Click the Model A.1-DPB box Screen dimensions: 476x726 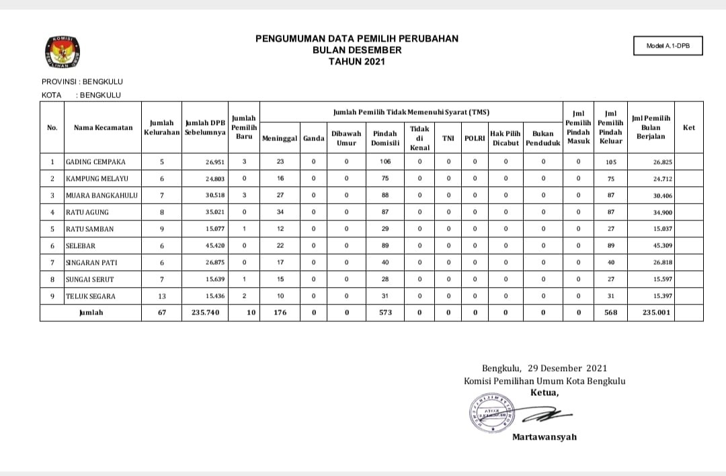pyautogui.click(x=668, y=46)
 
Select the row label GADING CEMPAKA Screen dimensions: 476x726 pyautogui.click(x=95, y=162)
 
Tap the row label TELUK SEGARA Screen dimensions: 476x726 pyautogui.click(x=91, y=296)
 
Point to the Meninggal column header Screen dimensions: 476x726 pyautogui.click(x=280, y=138)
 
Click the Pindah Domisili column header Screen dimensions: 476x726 pyautogui.click(x=386, y=138)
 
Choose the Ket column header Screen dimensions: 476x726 pyautogui.click(x=688, y=128)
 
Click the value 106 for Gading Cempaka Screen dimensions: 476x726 pyautogui.click(x=386, y=162)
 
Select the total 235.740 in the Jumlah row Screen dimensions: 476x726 pyautogui.click(x=206, y=313)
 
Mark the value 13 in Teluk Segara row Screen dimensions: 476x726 pyautogui.click(x=161, y=296)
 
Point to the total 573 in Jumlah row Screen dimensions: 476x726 pyautogui.click(x=386, y=313)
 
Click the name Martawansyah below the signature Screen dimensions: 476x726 pyautogui.click(x=544, y=437)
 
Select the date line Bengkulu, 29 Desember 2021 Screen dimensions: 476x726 pyautogui.click(x=544, y=368)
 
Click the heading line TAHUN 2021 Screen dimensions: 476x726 pyautogui.click(x=357, y=61)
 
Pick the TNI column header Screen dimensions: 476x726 pyautogui.click(x=448, y=138)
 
